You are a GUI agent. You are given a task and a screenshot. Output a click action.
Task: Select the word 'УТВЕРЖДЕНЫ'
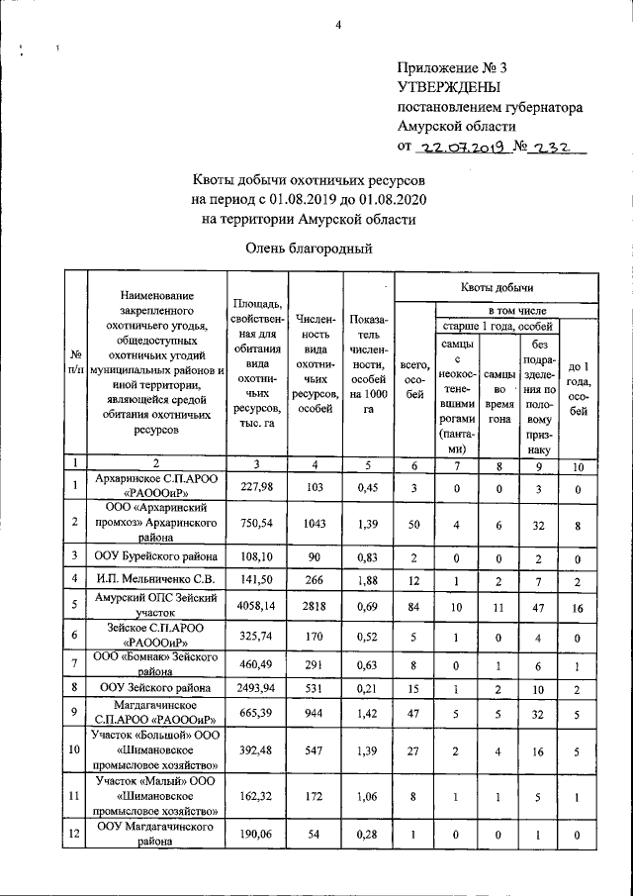click(x=447, y=87)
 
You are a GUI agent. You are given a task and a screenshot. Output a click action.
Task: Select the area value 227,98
click(x=256, y=485)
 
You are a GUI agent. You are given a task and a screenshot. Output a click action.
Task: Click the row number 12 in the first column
click(x=75, y=834)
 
